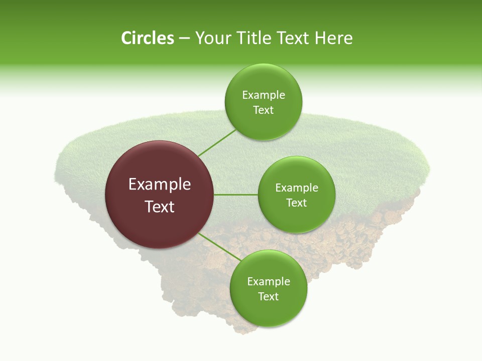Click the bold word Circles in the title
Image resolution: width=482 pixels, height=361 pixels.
coord(147,38)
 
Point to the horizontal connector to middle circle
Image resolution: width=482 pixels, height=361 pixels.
coord(235,195)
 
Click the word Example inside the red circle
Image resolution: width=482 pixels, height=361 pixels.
coord(159,185)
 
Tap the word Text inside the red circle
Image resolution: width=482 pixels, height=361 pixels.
coord(159,207)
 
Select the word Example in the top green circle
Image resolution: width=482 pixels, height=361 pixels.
coord(263,95)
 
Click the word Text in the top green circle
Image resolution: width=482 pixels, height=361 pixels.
coord(263,110)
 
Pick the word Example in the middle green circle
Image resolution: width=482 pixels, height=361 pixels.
coord(296,188)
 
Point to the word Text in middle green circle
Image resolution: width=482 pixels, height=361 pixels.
coord(296,203)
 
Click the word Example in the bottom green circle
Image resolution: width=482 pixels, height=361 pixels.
coord(268,282)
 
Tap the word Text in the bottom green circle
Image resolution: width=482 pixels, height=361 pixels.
coord(268,297)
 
